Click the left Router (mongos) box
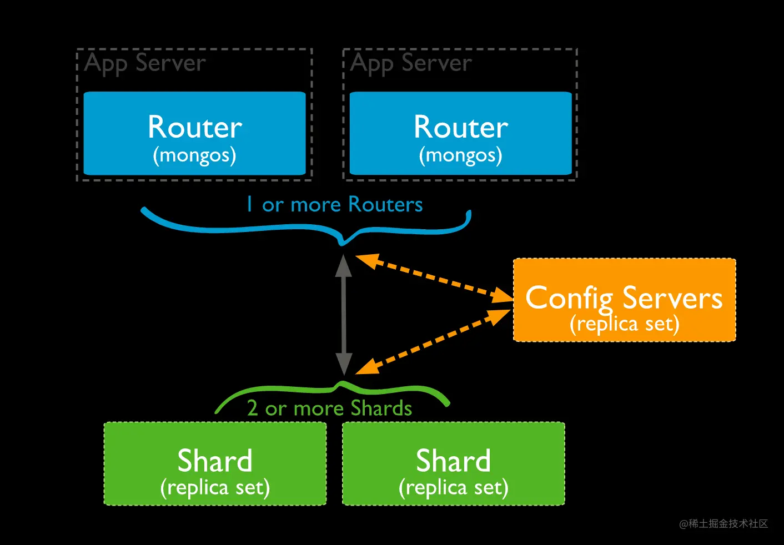point(194,133)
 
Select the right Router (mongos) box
point(460,133)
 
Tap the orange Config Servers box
point(624,300)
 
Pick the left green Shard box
point(215,463)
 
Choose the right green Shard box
point(453,463)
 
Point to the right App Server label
point(411,63)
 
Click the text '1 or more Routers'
point(335,205)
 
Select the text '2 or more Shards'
point(330,408)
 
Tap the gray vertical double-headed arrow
point(344,314)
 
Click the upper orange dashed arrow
point(433,277)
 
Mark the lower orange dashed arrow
point(433,341)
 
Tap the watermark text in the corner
point(723,523)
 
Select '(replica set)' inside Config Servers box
point(625,324)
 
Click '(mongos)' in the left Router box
point(194,155)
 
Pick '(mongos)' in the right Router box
point(460,155)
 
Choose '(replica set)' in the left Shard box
point(215,488)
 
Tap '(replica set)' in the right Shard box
point(453,488)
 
